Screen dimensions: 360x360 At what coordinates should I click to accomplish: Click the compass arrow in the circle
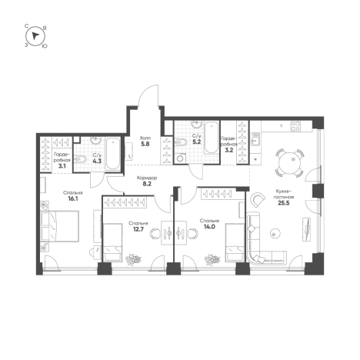tap(35, 36)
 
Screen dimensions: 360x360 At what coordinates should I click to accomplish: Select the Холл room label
tap(145, 138)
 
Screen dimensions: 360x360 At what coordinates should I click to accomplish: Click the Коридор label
tap(147, 178)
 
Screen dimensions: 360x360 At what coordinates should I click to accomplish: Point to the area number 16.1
tap(73, 198)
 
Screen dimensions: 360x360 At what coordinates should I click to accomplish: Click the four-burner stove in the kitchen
tap(295, 126)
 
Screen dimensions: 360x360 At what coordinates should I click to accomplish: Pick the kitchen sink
tap(255, 139)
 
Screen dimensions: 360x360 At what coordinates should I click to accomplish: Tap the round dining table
tap(290, 163)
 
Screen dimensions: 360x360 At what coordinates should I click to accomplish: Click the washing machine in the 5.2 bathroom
tap(181, 158)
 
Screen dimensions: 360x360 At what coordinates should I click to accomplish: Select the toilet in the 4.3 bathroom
tap(80, 159)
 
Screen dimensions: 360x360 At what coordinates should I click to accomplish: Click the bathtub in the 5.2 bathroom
tap(212, 138)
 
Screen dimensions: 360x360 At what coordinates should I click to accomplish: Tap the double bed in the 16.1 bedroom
tap(60, 226)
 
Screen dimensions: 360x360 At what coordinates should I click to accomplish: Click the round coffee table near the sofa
tap(275, 233)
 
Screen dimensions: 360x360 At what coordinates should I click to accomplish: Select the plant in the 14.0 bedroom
tap(212, 259)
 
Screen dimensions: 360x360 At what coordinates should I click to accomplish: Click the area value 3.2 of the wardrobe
tap(228, 151)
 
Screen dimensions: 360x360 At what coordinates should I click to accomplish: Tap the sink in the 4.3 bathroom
tap(96, 140)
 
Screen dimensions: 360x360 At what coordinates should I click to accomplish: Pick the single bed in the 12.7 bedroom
tap(112, 242)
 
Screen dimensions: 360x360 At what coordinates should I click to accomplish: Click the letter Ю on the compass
tap(45, 46)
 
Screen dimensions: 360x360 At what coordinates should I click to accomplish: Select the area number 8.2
tap(147, 184)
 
